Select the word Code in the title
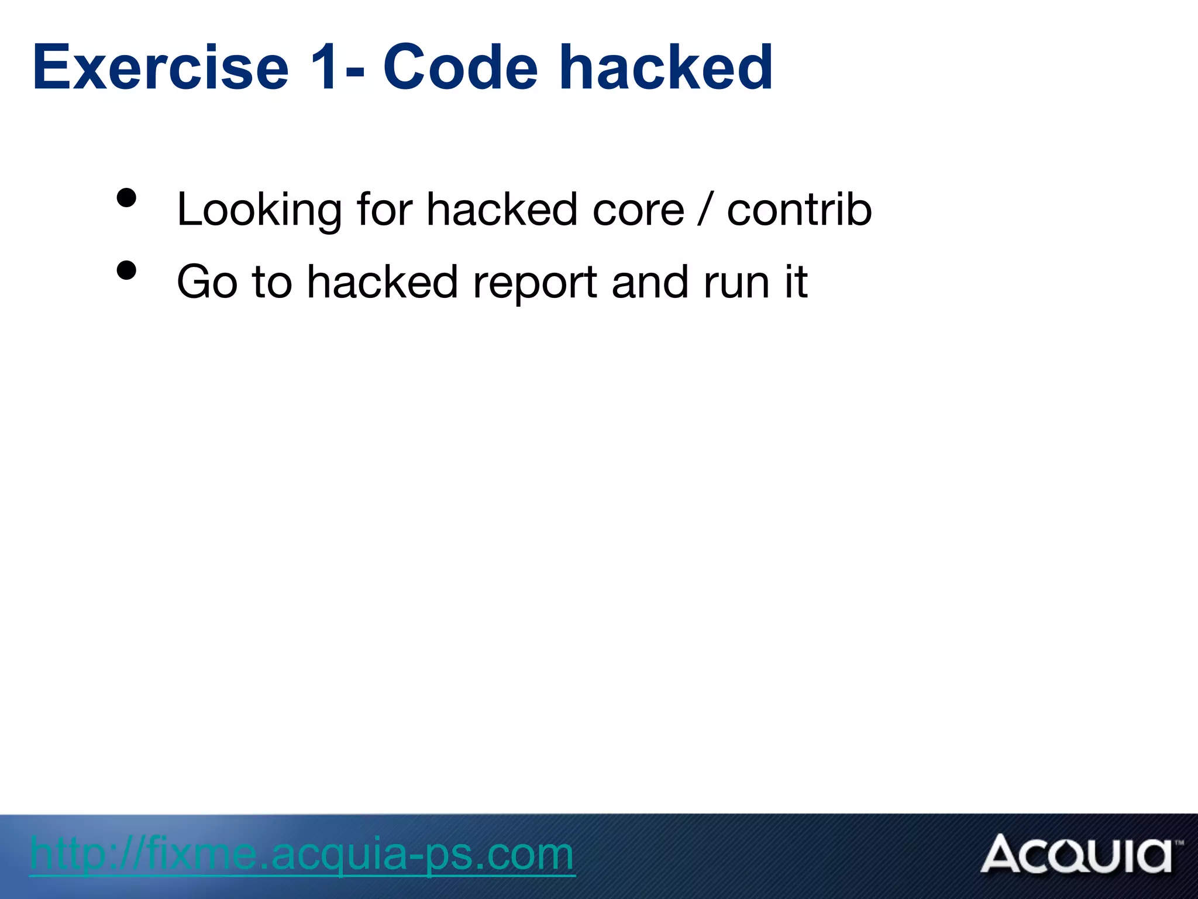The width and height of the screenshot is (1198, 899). click(x=460, y=68)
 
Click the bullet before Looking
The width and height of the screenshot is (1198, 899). click(x=126, y=198)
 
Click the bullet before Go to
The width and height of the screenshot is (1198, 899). click(x=126, y=270)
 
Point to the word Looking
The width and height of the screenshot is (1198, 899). click(x=259, y=210)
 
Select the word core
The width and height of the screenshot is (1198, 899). click(x=638, y=210)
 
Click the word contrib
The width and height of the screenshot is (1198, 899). click(x=799, y=210)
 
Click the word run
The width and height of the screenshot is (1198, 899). click(x=736, y=283)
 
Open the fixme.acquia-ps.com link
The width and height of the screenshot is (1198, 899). click(x=302, y=855)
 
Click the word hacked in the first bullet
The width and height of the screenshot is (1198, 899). click(x=502, y=210)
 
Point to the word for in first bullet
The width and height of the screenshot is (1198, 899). click(x=384, y=210)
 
